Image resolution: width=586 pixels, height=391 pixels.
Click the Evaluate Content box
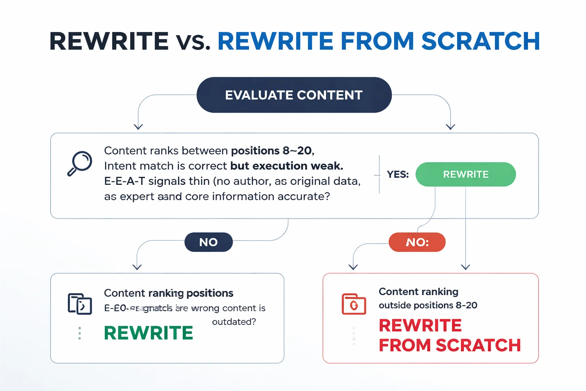(294, 95)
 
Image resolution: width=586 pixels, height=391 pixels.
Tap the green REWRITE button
(465, 174)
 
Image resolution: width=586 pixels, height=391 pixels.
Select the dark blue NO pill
(208, 242)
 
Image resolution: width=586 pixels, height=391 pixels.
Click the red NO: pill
(417, 242)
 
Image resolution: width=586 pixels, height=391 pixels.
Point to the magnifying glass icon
(80, 163)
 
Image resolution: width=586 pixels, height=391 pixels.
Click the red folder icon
(354, 304)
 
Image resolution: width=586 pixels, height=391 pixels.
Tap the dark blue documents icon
(80, 304)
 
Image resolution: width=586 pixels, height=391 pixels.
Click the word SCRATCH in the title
(480, 41)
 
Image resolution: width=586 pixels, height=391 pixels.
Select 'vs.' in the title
(193, 41)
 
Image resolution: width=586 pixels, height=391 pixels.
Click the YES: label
(398, 174)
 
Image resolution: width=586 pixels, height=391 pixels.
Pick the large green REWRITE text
(148, 333)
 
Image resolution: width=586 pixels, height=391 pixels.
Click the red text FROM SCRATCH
(449, 345)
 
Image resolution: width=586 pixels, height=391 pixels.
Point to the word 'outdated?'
(234, 322)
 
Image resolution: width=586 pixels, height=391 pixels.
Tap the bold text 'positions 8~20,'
(272, 151)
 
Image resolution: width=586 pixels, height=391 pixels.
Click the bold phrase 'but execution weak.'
(287, 166)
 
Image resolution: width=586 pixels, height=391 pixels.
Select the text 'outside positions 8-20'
(428, 305)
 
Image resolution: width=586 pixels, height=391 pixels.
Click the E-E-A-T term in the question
(124, 181)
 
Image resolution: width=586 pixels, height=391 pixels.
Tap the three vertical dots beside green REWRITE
(79, 333)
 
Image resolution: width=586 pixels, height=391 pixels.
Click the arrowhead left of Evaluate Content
(138, 127)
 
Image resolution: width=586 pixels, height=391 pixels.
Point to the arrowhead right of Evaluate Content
(451, 127)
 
